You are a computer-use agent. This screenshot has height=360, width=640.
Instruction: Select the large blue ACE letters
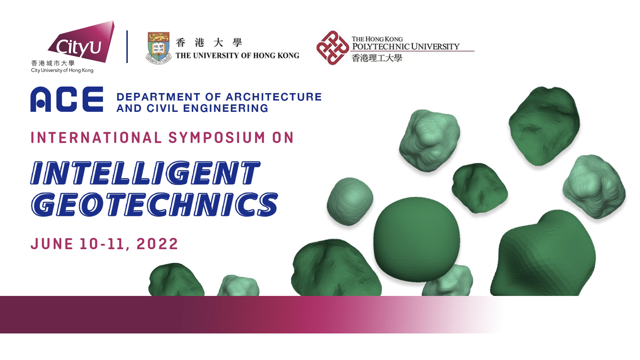(x=67, y=99)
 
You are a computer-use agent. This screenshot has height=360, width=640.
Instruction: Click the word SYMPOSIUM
(x=217, y=137)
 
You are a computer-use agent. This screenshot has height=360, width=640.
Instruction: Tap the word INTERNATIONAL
(x=96, y=137)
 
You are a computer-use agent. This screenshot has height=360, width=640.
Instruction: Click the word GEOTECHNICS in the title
(x=154, y=204)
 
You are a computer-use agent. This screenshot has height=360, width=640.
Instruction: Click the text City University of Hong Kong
(x=62, y=70)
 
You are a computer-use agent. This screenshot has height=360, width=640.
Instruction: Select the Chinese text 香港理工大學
(x=377, y=58)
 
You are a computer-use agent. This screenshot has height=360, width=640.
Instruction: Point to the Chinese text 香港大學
(x=209, y=43)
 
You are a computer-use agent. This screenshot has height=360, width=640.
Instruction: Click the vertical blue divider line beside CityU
(x=127, y=47)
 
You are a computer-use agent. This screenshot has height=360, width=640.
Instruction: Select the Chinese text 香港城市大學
(x=53, y=63)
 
